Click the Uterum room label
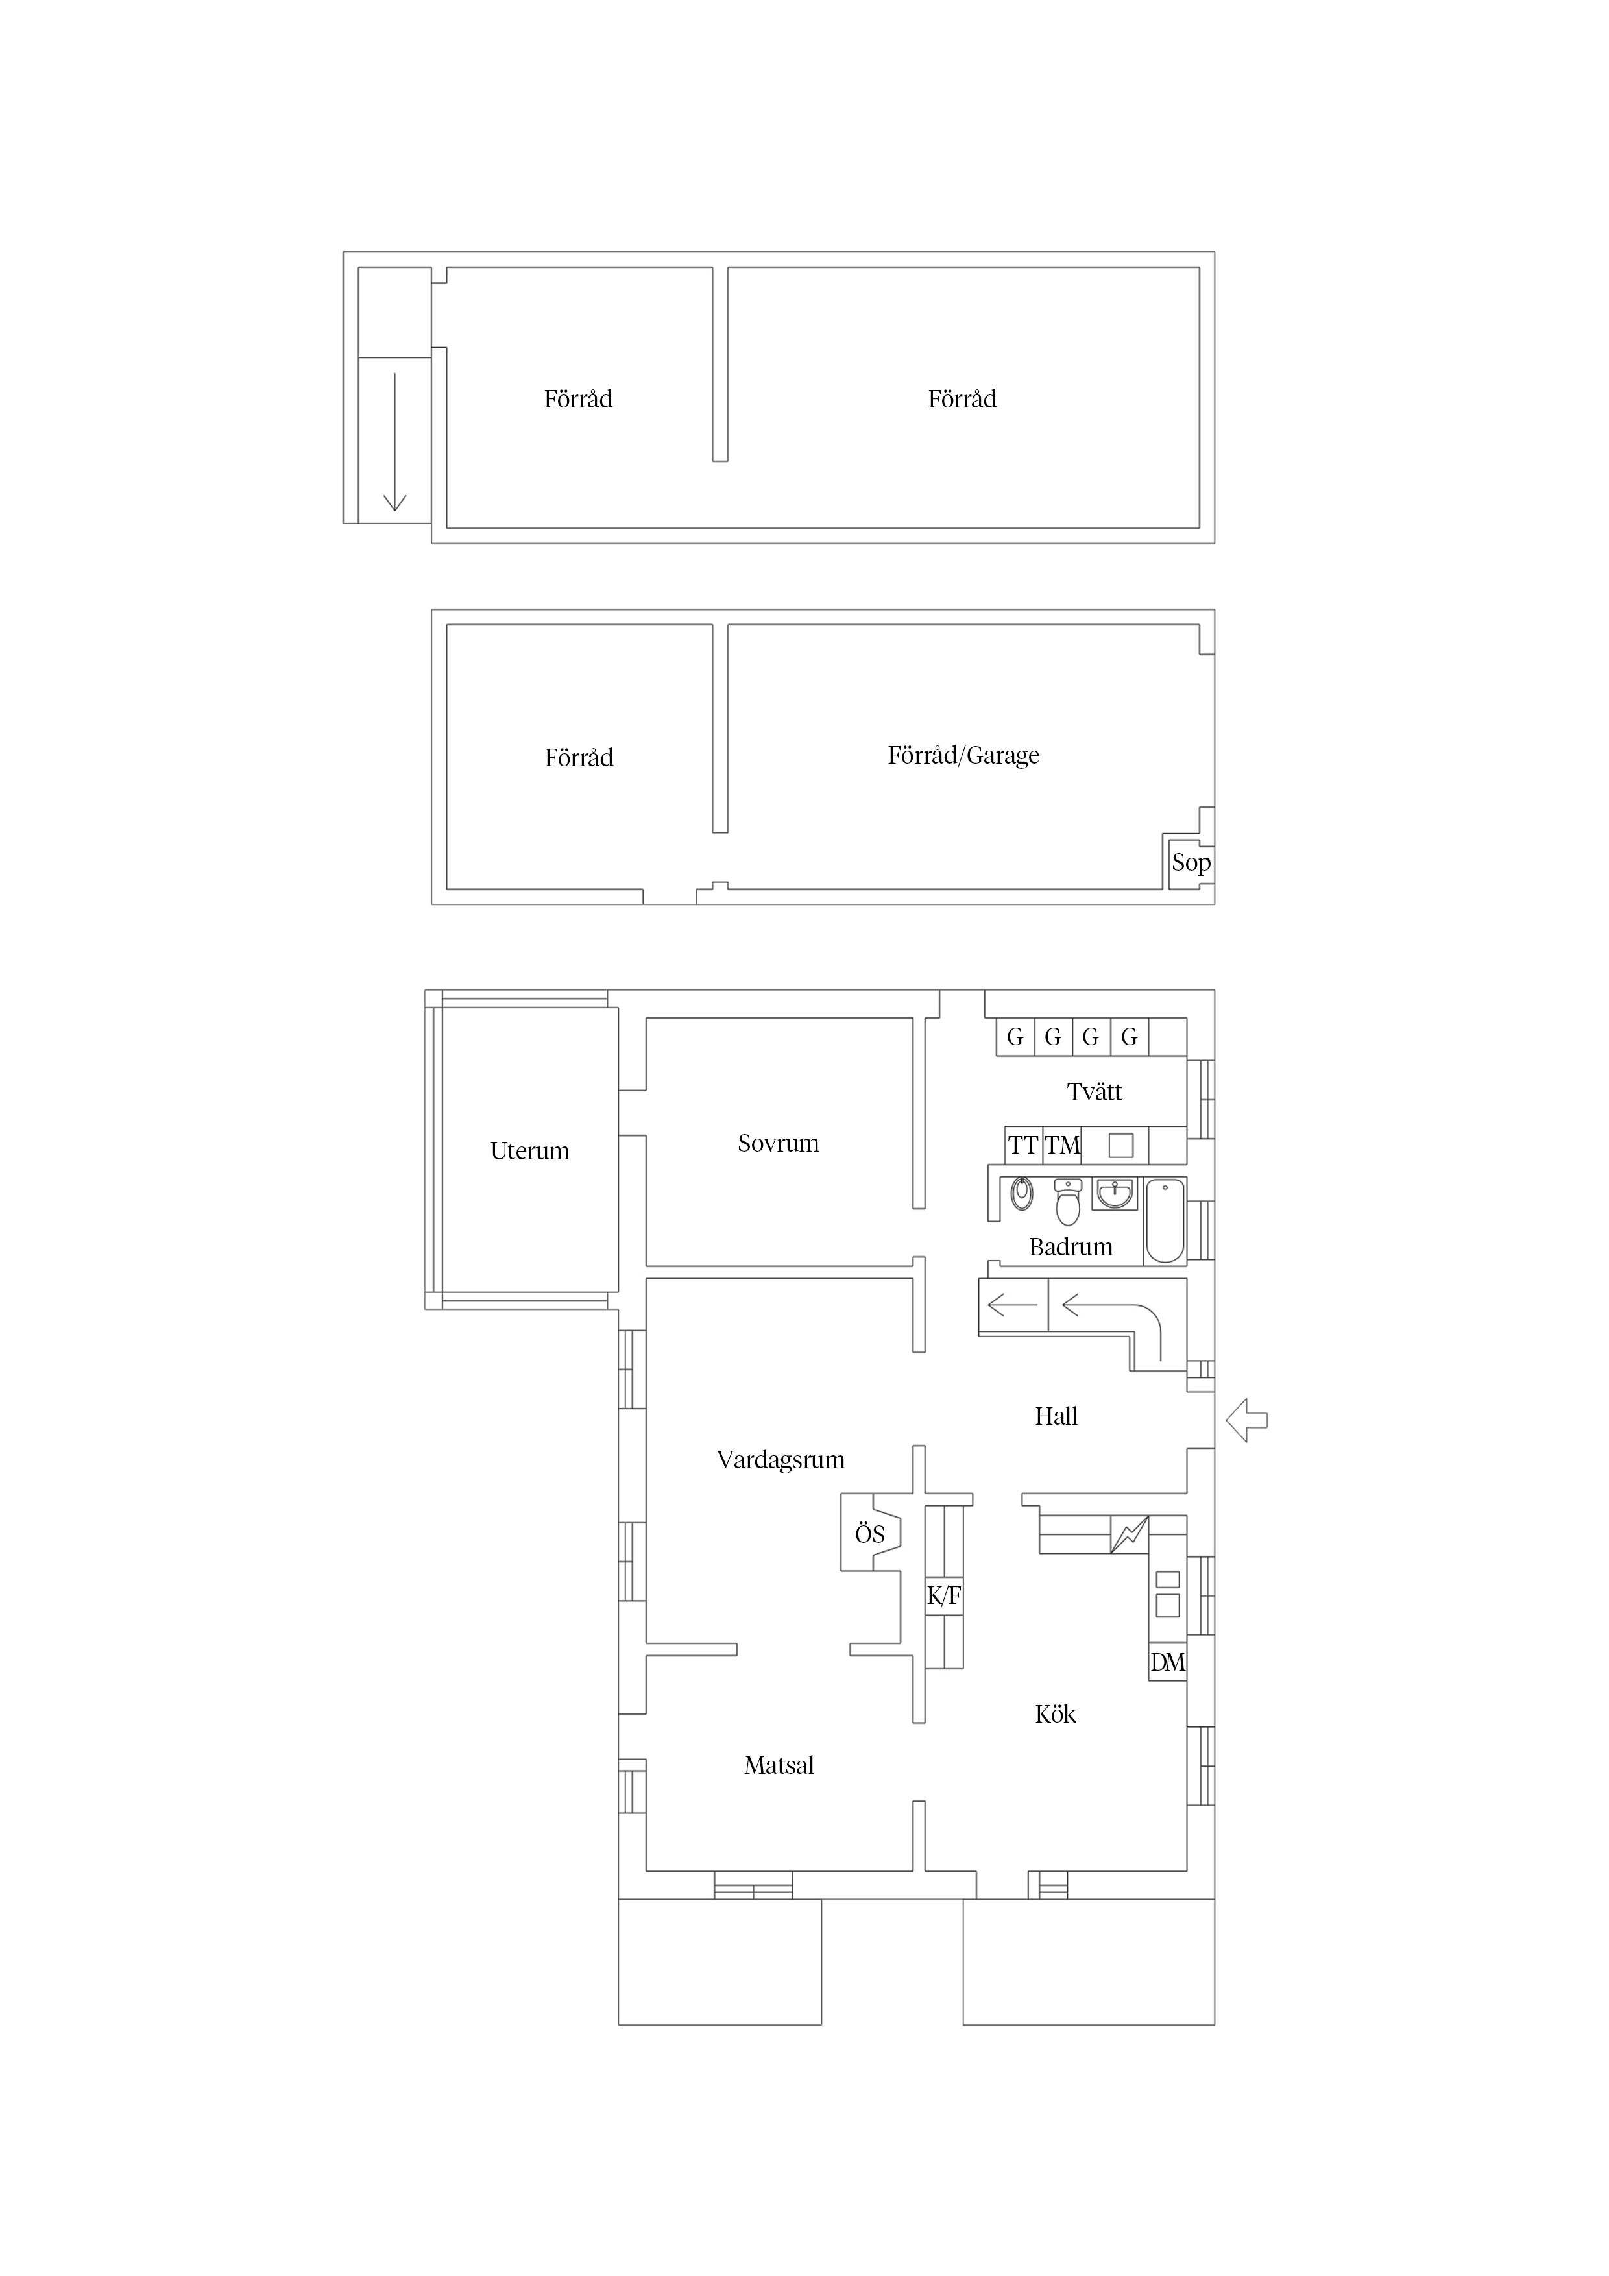529,1151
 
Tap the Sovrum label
779,1143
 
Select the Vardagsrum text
780,1460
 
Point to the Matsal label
779,1765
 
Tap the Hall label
1056,1416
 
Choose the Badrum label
1071,1247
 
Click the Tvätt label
1095,1091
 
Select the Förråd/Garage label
963,755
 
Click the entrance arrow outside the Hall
1247,1420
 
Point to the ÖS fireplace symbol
871,1534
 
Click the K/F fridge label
944,1596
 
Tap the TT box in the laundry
1023,1146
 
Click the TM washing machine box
1062,1146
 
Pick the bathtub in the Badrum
1166,1220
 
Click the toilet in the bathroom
1068,1202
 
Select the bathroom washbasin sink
1115,1194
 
